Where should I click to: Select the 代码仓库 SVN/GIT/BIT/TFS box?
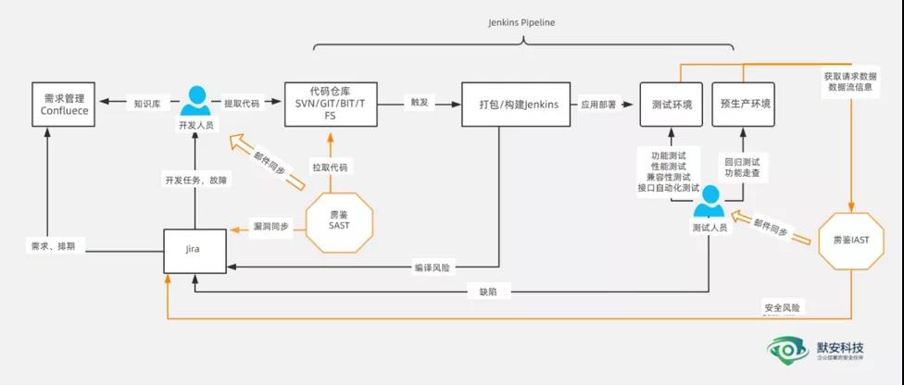[x=330, y=104]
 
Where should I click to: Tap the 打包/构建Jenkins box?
[x=512, y=104]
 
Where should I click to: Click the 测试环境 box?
[x=672, y=104]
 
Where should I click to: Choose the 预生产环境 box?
[x=744, y=104]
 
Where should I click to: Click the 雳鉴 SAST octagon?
[x=339, y=221]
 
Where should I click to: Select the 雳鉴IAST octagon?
[x=848, y=239]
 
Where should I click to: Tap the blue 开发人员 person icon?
[x=195, y=99]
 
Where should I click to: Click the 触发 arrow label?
[x=419, y=103]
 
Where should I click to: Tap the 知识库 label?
[x=148, y=104]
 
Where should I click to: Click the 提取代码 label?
[x=242, y=104]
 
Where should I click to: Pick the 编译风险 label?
[x=432, y=268]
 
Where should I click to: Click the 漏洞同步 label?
[x=271, y=226]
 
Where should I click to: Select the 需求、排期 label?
[x=52, y=246]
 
